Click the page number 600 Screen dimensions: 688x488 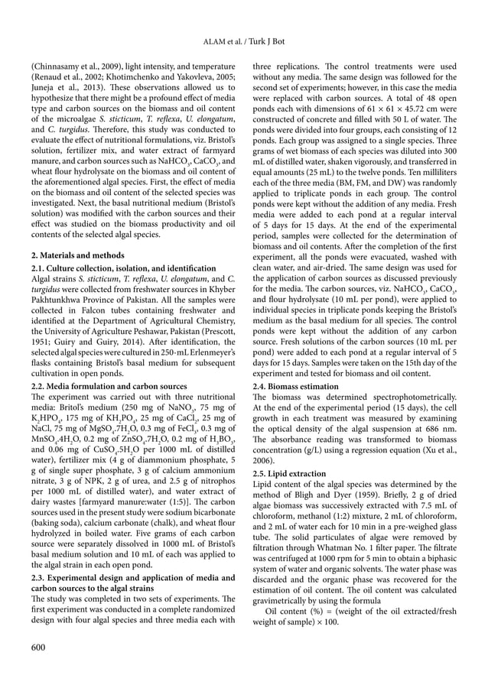tap(39, 647)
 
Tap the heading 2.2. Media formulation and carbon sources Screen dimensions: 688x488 tap(111, 387)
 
